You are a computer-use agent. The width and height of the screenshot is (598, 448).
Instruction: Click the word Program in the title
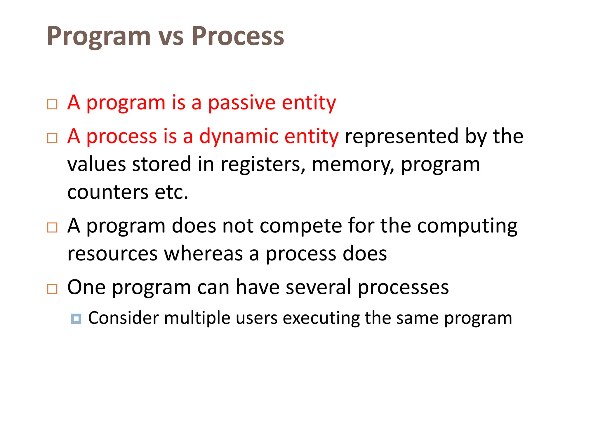99,36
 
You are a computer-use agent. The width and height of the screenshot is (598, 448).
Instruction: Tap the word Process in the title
238,36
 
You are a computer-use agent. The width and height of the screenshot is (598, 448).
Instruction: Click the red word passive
242,103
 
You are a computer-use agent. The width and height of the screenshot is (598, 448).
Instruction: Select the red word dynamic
239,137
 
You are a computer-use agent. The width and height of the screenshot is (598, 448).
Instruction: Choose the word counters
108,192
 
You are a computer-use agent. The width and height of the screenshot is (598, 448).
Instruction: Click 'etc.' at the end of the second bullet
171,192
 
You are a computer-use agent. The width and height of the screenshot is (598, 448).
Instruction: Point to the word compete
300,226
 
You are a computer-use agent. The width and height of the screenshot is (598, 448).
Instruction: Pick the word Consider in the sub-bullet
123,318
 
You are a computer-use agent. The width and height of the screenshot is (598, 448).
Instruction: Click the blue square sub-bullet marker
76,318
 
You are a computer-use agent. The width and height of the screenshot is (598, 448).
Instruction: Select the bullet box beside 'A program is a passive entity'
52,104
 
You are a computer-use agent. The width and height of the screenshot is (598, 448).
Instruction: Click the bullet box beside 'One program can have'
52,289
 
